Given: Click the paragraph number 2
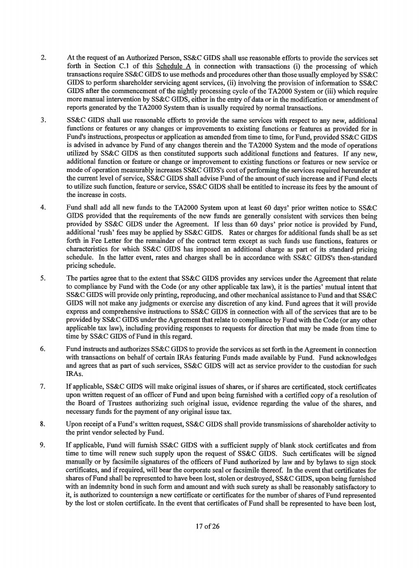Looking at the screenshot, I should [45, 57].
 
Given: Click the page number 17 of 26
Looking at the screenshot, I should [209, 526].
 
